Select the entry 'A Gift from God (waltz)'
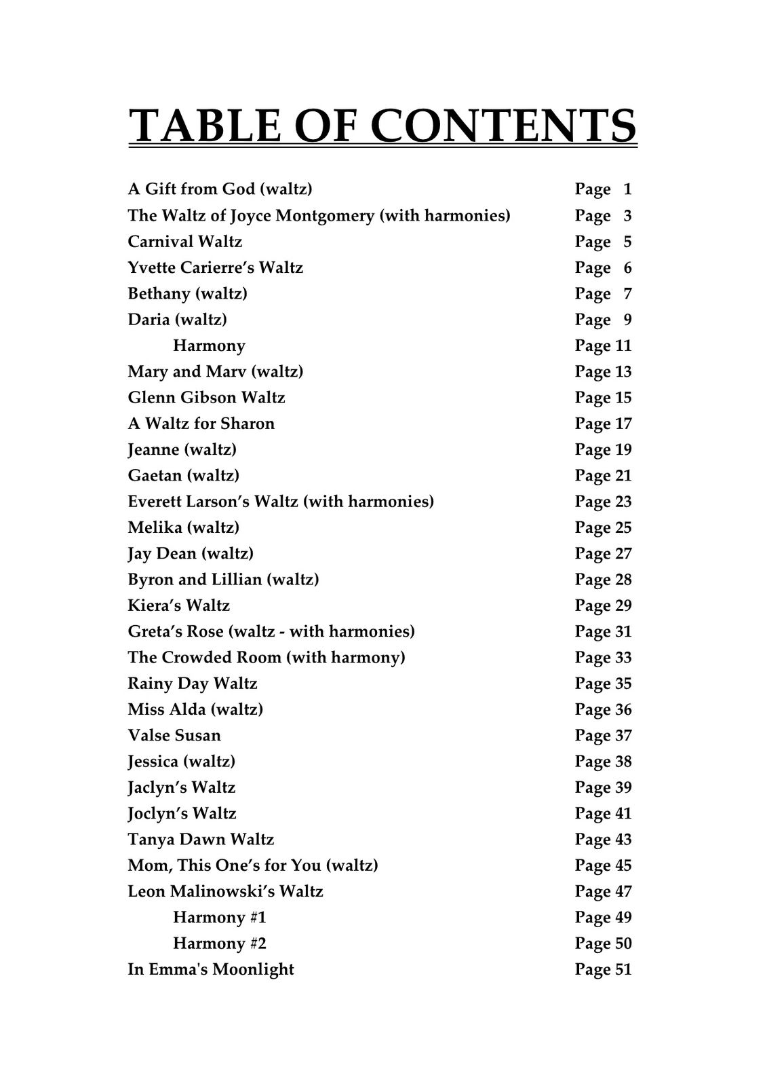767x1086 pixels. [220, 189]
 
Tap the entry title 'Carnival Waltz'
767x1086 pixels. [184, 242]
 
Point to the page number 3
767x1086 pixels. [627, 216]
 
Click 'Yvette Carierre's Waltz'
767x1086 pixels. [215, 267]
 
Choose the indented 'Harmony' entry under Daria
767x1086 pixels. [209, 345]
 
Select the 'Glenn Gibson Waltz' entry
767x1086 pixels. [206, 397]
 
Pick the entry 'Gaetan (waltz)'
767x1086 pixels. [183, 475]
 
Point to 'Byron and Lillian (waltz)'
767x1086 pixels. [223, 580]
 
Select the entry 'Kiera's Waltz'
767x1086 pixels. [178, 605]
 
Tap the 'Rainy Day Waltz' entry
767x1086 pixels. [193, 684]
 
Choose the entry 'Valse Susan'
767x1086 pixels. [174, 735]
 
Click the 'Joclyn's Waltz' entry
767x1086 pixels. [182, 813]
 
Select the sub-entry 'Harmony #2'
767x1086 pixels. [220, 943]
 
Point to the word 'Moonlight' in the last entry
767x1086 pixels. [253, 969]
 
